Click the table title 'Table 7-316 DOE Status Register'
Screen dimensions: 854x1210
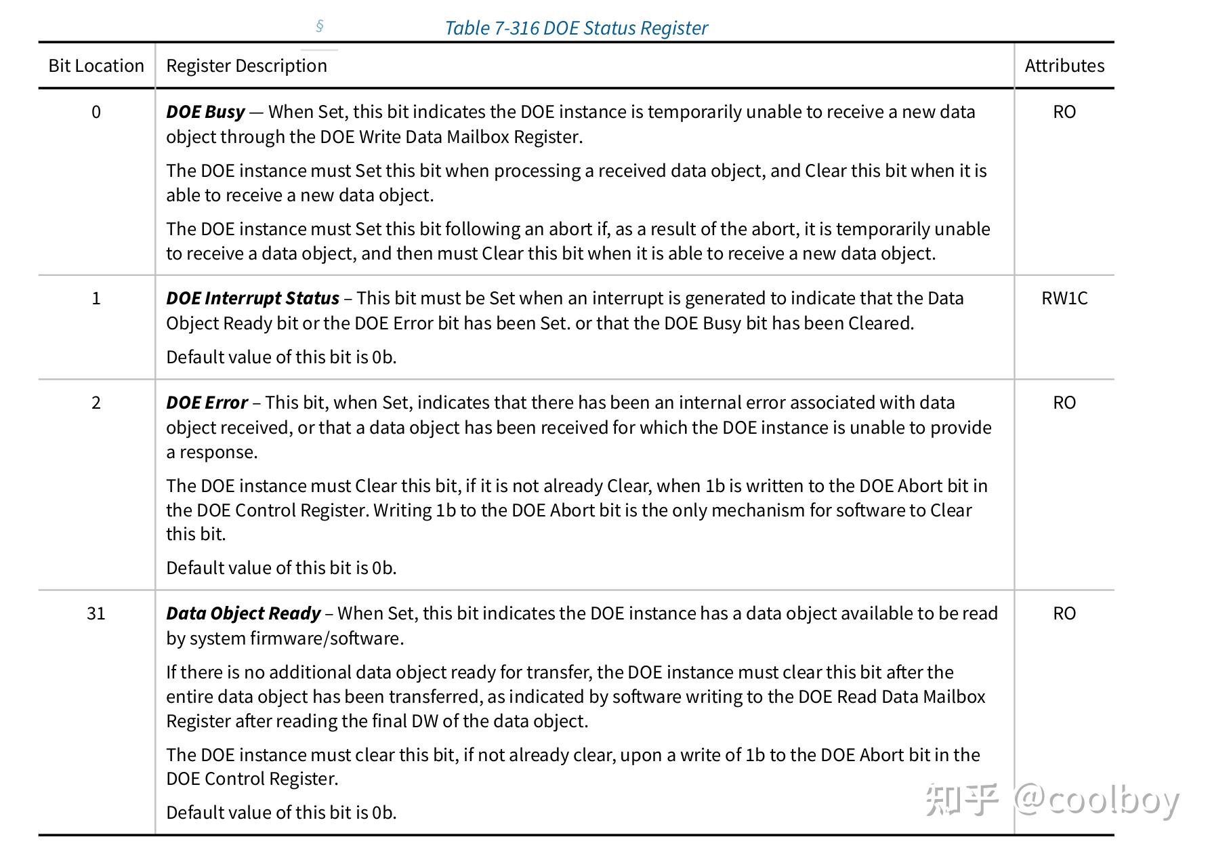click(x=576, y=28)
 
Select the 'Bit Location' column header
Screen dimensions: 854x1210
click(x=96, y=66)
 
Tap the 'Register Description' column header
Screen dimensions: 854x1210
click(x=247, y=66)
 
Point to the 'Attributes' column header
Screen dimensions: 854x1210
click(x=1064, y=66)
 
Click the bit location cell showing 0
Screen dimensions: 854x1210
click(x=96, y=112)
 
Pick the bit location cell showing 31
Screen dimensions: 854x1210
click(x=96, y=613)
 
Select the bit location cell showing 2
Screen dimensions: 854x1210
click(x=96, y=403)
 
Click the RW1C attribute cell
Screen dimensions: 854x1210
click(x=1064, y=298)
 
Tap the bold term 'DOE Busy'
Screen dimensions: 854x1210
click(x=205, y=112)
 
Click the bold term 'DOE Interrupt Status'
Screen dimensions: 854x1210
click(x=253, y=298)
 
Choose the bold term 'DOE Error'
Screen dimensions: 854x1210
click(x=207, y=403)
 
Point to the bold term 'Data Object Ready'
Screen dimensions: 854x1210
click(x=243, y=613)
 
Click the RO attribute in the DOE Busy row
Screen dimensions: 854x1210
click(x=1064, y=112)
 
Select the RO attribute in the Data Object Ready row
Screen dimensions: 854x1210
click(x=1064, y=613)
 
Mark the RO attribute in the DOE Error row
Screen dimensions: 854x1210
click(x=1064, y=403)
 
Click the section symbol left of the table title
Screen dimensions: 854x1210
click(x=320, y=26)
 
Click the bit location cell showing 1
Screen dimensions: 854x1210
click(x=96, y=298)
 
